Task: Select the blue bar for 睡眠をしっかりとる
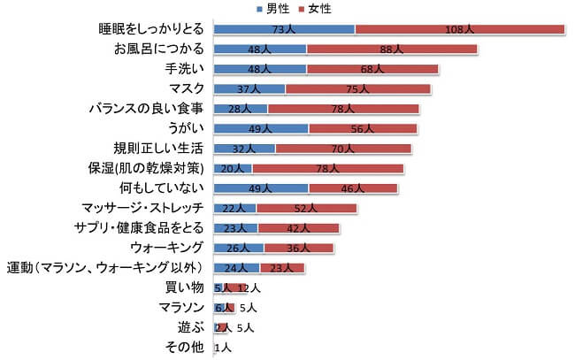284,29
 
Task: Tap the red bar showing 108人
459,29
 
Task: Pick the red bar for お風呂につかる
391,49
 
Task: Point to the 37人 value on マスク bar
249,88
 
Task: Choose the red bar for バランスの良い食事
343,109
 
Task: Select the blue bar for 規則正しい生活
244,148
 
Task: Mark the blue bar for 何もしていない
261,188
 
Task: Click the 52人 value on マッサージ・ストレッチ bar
306,208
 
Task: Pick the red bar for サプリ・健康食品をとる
298,228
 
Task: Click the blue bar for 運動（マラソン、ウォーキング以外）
236,267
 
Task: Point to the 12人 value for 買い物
249,287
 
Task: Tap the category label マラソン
181,307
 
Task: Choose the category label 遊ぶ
192,326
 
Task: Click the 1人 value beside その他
223,347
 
